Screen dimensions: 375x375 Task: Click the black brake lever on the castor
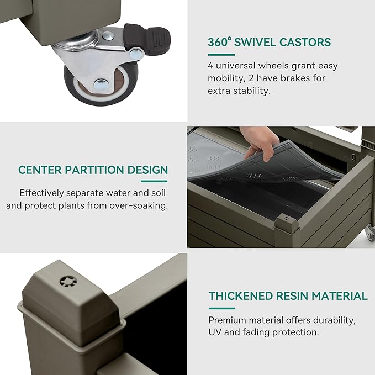[x=147, y=38]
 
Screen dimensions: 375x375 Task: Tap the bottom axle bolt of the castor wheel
[x=101, y=84]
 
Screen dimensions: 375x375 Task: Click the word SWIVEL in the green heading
[x=255, y=43]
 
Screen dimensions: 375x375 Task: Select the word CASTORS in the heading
[x=305, y=43]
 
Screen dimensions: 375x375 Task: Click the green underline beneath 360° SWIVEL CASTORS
[x=221, y=55]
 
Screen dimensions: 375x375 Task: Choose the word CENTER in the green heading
[x=40, y=170]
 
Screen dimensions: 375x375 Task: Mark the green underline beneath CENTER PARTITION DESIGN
[x=154, y=181]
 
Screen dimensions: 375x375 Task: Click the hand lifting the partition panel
[x=261, y=143]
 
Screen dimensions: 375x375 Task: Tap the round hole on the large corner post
[x=68, y=282]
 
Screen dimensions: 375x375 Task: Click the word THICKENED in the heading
[x=241, y=296]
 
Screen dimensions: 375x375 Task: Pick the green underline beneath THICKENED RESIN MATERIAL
[x=222, y=308]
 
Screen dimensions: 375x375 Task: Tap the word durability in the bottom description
[x=334, y=320]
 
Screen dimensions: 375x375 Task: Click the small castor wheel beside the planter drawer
[x=371, y=233]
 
